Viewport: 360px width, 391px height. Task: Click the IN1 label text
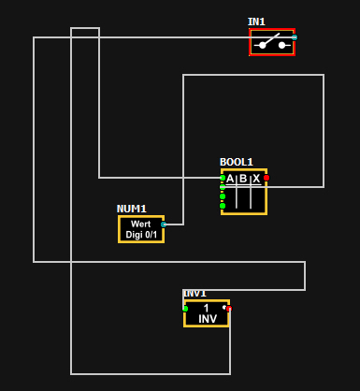click(256, 22)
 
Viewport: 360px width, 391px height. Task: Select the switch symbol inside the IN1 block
click(272, 43)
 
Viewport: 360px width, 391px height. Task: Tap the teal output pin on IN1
click(295, 37)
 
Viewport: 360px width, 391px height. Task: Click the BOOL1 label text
click(237, 162)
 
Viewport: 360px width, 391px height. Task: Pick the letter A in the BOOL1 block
click(230, 179)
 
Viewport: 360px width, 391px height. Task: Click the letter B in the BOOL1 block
click(243, 179)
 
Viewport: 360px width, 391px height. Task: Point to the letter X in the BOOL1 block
click(256, 179)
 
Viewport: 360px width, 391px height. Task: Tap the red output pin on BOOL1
click(266, 178)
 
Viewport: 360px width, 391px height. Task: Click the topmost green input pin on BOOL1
click(223, 178)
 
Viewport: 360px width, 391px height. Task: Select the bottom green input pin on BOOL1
click(223, 206)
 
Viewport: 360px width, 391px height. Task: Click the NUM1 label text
click(132, 209)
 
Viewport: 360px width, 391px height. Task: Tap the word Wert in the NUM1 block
click(141, 224)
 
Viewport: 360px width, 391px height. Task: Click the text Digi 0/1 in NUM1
click(141, 235)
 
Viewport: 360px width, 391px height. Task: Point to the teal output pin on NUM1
click(164, 224)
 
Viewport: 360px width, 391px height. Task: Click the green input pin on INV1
click(185, 309)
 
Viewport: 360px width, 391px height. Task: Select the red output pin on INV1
click(229, 309)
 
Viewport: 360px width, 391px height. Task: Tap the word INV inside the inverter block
click(208, 319)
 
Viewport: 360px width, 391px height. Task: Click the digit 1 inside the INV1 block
click(206, 308)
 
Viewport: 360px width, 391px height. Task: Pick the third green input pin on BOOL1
click(223, 196)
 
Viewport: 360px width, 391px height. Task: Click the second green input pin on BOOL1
click(223, 187)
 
